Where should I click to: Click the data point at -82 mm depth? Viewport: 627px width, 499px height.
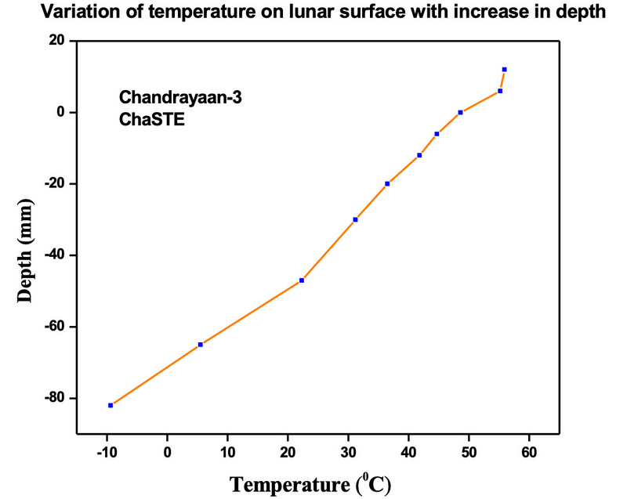point(111,405)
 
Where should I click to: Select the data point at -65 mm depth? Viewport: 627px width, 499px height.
point(201,345)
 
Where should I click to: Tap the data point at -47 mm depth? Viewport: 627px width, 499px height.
point(302,280)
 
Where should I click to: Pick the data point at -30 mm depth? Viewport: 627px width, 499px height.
point(355,219)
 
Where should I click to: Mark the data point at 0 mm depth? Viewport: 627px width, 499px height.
point(461,112)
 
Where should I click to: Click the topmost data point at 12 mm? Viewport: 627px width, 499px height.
point(504,70)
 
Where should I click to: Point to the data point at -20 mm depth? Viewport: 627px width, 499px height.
point(387,183)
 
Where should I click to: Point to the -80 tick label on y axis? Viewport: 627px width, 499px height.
point(53,399)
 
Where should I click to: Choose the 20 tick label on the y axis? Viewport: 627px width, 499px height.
point(57,41)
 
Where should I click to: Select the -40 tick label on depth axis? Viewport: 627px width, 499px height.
point(53,255)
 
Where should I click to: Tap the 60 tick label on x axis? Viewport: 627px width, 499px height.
point(529,451)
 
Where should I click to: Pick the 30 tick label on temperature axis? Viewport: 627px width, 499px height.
point(348,451)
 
